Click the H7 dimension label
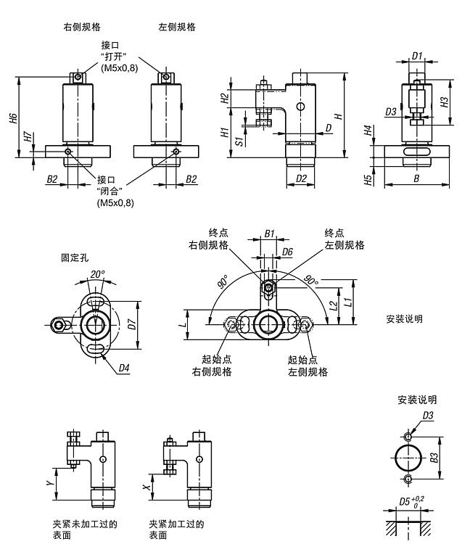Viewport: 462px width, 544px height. pyautogui.click(x=27, y=136)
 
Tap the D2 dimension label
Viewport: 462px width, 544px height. pyautogui.click(x=302, y=178)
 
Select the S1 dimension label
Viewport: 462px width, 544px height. pyautogui.click(x=239, y=137)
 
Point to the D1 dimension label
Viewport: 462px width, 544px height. pyautogui.click(x=417, y=56)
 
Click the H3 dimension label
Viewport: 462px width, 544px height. pyautogui.click(x=444, y=102)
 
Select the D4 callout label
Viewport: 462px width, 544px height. pyautogui.click(x=124, y=368)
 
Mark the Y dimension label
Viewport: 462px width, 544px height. pyautogui.click(x=49, y=481)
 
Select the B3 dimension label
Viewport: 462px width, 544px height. pyautogui.click(x=432, y=458)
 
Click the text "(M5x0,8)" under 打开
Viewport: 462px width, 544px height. pyautogui.click(x=117, y=68)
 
